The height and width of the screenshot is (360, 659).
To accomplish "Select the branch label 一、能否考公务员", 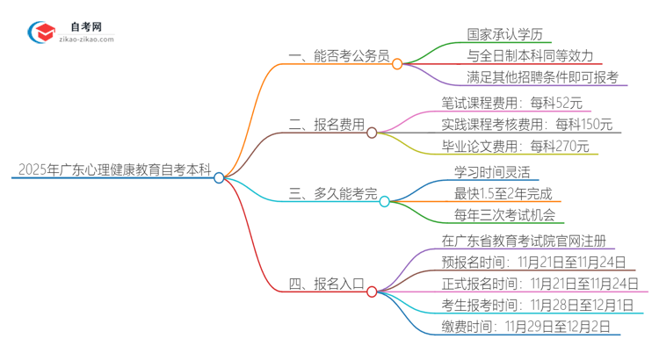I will click(x=338, y=54).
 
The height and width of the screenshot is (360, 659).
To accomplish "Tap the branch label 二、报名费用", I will click(x=326, y=124).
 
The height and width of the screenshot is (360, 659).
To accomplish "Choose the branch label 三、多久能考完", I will click(x=332, y=192).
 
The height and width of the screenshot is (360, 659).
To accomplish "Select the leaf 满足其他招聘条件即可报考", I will click(x=543, y=76).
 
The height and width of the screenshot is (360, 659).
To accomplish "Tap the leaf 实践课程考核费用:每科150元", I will click(x=527, y=124).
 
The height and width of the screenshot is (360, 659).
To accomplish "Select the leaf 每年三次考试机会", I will click(x=504, y=214).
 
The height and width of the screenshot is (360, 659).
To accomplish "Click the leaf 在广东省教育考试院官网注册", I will click(x=524, y=239).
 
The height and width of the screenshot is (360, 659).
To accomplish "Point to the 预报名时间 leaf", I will click(x=534, y=261).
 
